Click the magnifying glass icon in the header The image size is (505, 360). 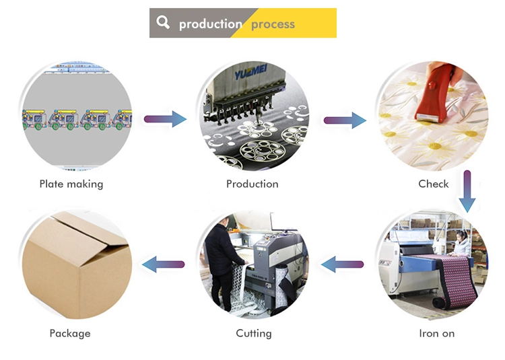coord(163,22)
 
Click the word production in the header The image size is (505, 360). coord(210,24)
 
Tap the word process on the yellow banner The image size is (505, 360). coord(273,24)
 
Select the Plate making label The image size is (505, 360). coord(71,184)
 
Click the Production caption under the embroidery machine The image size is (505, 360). coord(252,184)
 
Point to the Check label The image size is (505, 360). coord(433,184)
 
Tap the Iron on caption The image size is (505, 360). coord(436,333)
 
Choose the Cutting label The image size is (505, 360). coord(254,333)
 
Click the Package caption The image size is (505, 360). coord(70,333)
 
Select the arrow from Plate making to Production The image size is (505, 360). coord(165,119)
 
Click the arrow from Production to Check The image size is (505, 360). coord(345,120)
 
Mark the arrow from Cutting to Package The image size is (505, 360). coord(163,264)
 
